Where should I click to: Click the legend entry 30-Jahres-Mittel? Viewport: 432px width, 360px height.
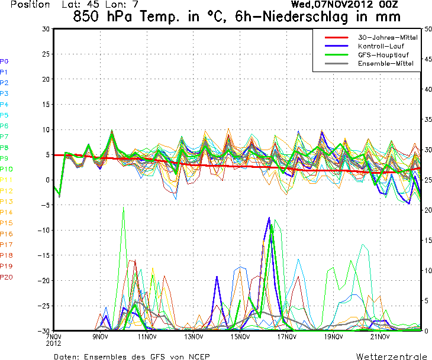388,37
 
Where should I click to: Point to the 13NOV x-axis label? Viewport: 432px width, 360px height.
194,337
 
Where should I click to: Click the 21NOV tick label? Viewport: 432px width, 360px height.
380,337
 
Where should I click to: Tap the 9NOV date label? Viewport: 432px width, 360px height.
100,337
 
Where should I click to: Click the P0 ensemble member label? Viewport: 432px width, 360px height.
5,61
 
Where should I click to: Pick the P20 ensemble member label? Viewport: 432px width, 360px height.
7,277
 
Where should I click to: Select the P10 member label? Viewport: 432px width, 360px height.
7,169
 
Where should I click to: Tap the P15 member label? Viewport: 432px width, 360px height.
7,223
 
